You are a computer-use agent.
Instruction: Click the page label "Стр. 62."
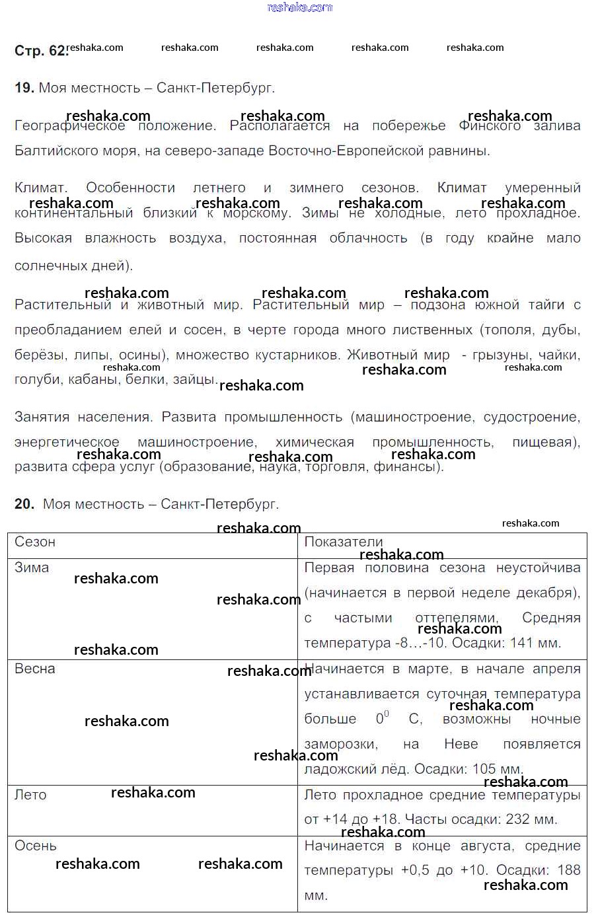click(x=40, y=51)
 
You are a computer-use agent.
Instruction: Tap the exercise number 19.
click(x=24, y=88)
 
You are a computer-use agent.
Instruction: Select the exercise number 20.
click(x=24, y=504)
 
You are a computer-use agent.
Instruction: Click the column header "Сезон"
click(x=35, y=542)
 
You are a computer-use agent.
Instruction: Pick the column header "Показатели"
click(x=344, y=542)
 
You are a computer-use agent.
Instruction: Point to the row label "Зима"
click(x=32, y=568)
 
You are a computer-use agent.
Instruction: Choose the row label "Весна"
click(x=35, y=669)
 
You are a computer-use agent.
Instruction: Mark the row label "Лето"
click(x=30, y=795)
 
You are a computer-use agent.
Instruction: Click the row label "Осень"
click(x=36, y=846)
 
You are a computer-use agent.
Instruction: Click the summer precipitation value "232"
click(x=517, y=820)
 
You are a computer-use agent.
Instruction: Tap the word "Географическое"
click(x=69, y=126)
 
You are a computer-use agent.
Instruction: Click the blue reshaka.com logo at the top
click(x=299, y=7)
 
